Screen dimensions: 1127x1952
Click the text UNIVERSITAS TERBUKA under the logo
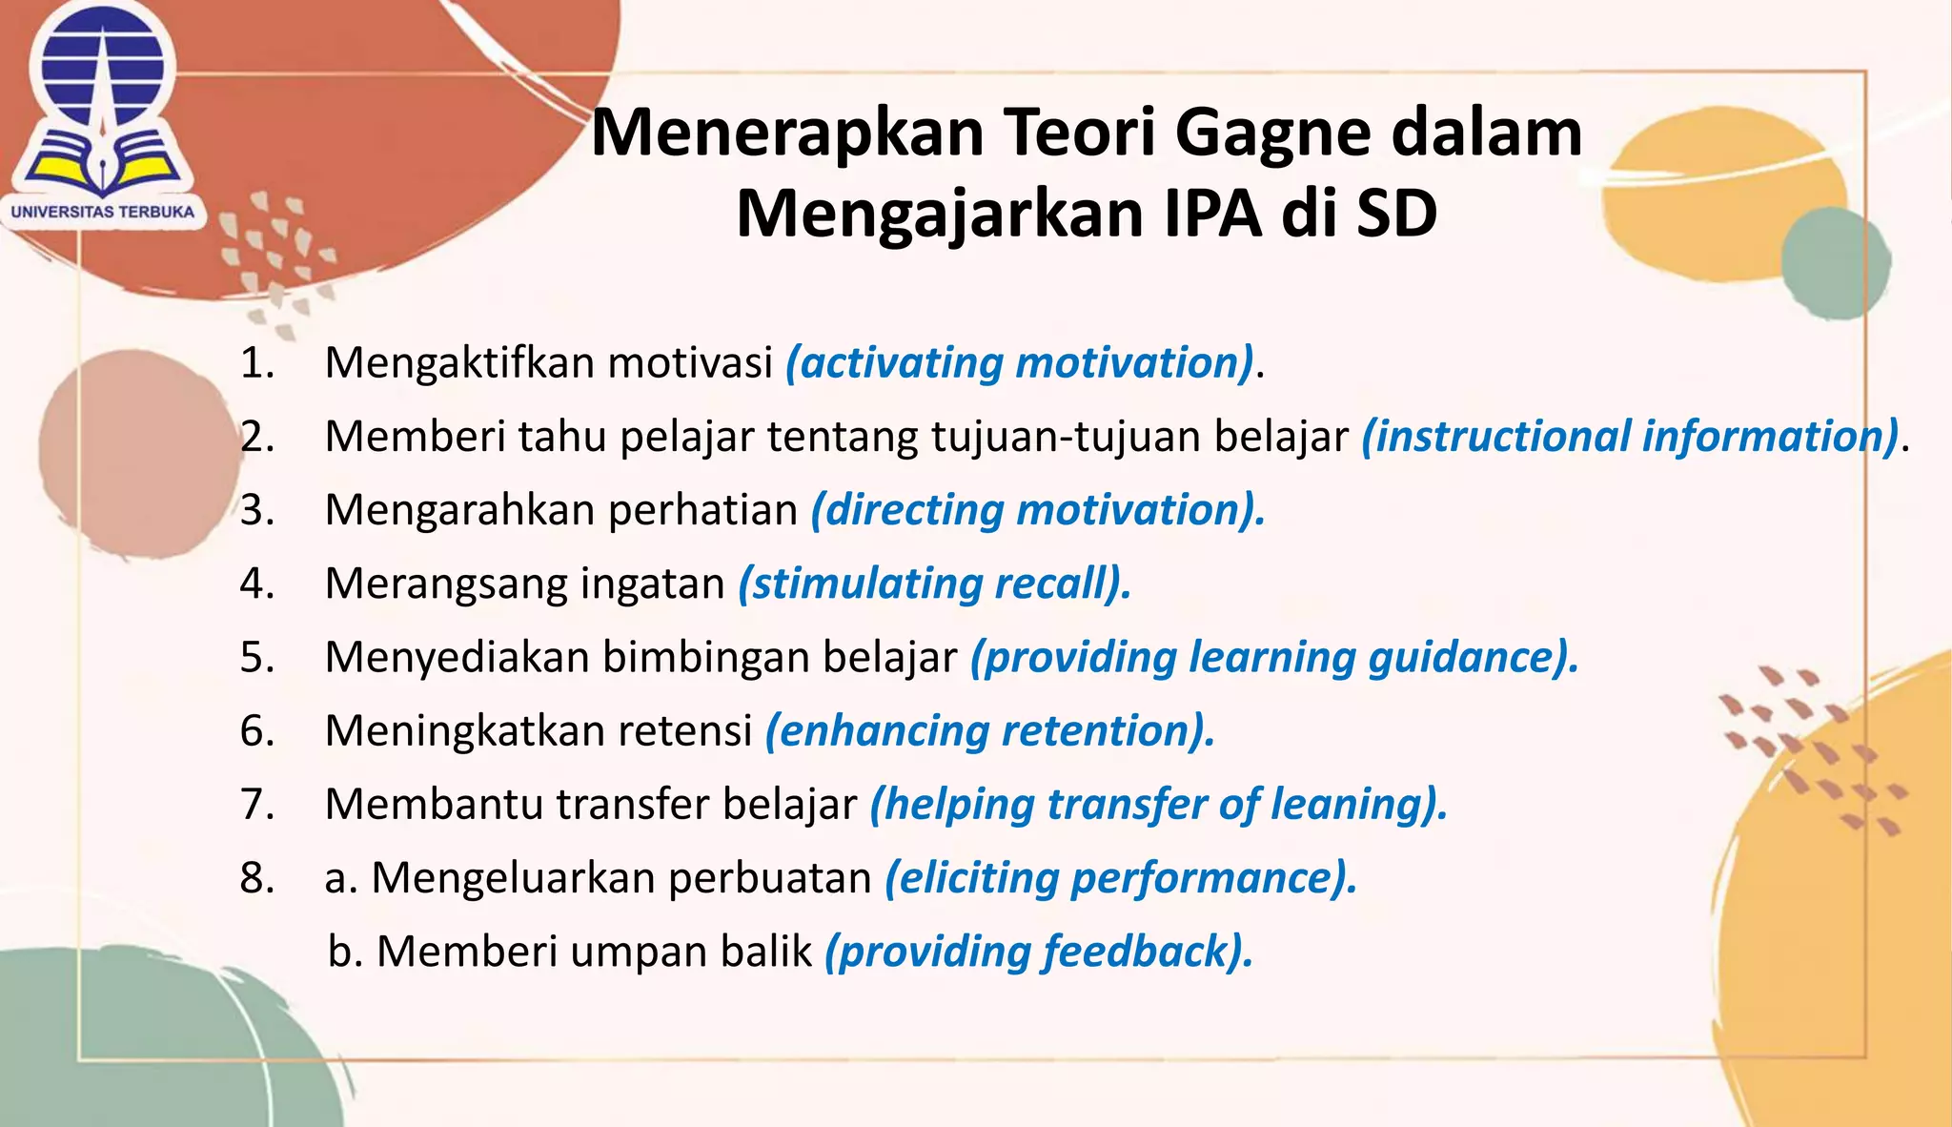pos(103,212)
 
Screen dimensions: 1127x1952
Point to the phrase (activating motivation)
pos(1019,363)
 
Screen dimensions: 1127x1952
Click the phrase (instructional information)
pos(1630,437)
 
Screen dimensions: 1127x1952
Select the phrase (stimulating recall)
pos(934,584)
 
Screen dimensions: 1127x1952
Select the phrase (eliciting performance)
pos(1120,877)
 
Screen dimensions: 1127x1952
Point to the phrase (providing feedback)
pos(1038,952)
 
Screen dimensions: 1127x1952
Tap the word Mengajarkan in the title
pos(940,214)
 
